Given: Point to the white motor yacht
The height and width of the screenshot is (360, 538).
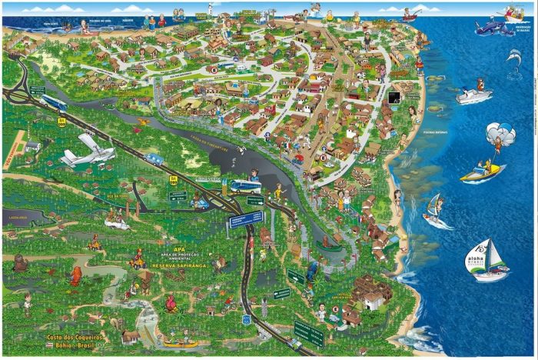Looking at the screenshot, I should [x=473, y=95].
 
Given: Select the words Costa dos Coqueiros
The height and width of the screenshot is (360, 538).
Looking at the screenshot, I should [x=75, y=337].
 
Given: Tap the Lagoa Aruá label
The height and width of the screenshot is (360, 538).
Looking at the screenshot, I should [x=17, y=218].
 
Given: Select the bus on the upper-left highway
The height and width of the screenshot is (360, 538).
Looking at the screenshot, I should [x=53, y=102].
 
